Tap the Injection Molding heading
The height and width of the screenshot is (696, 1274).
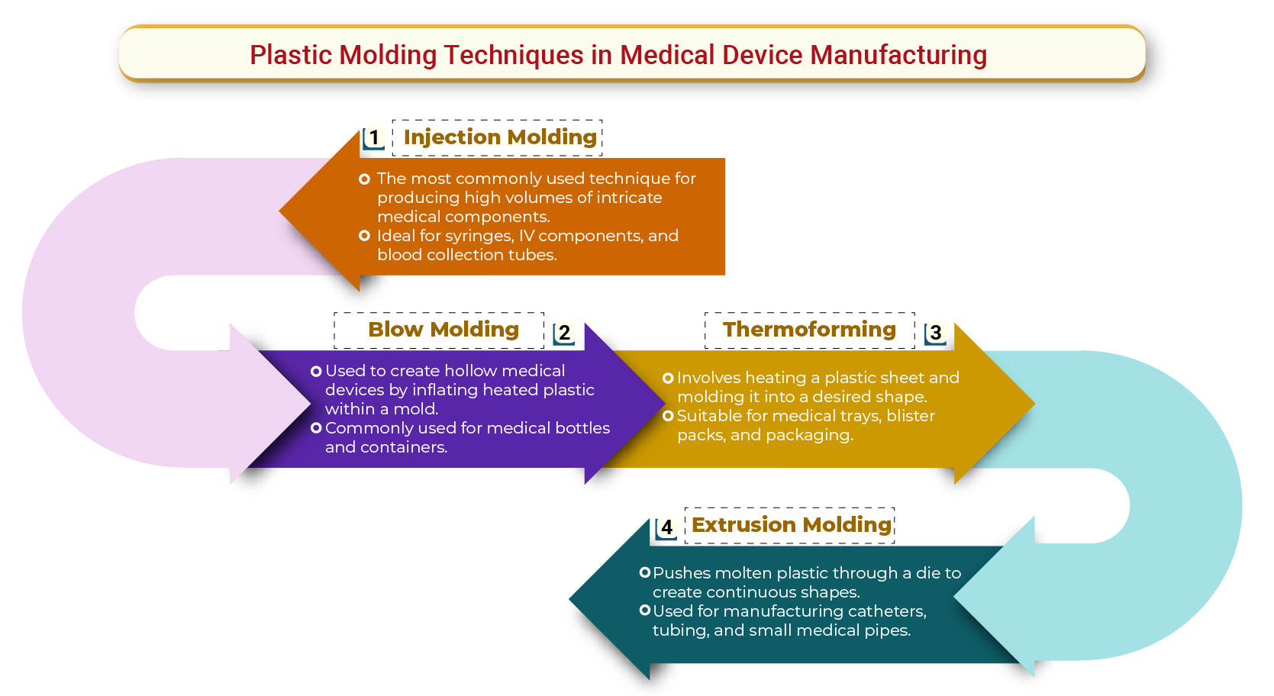pyautogui.click(x=500, y=137)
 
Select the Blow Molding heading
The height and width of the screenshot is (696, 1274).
pyautogui.click(x=443, y=330)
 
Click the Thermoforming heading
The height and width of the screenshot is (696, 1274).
pyautogui.click(x=809, y=330)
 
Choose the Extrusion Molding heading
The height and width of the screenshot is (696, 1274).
pyautogui.click(x=792, y=525)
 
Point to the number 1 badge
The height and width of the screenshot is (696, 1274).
pyautogui.click(x=373, y=138)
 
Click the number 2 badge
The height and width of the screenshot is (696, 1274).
pyautogui.click(x=564, y=333)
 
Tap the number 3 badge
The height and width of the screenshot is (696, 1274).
pyautogui.click(x=935, y=333)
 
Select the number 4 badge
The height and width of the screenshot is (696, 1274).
pyautogui.click(x=666, y=527)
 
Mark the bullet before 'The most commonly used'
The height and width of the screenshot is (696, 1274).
pyautogui.click(x=365, y=179)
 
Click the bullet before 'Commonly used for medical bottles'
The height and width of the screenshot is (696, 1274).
pyautogui.click(x=316, y=428)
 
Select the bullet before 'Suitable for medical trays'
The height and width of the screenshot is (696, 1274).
pyautogui.click(x=668, y=416)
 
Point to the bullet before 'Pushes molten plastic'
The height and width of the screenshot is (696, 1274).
pyautogui.click(x=645, y=572)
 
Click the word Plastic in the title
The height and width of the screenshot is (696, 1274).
pyautogui.click(x=291, y=55)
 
